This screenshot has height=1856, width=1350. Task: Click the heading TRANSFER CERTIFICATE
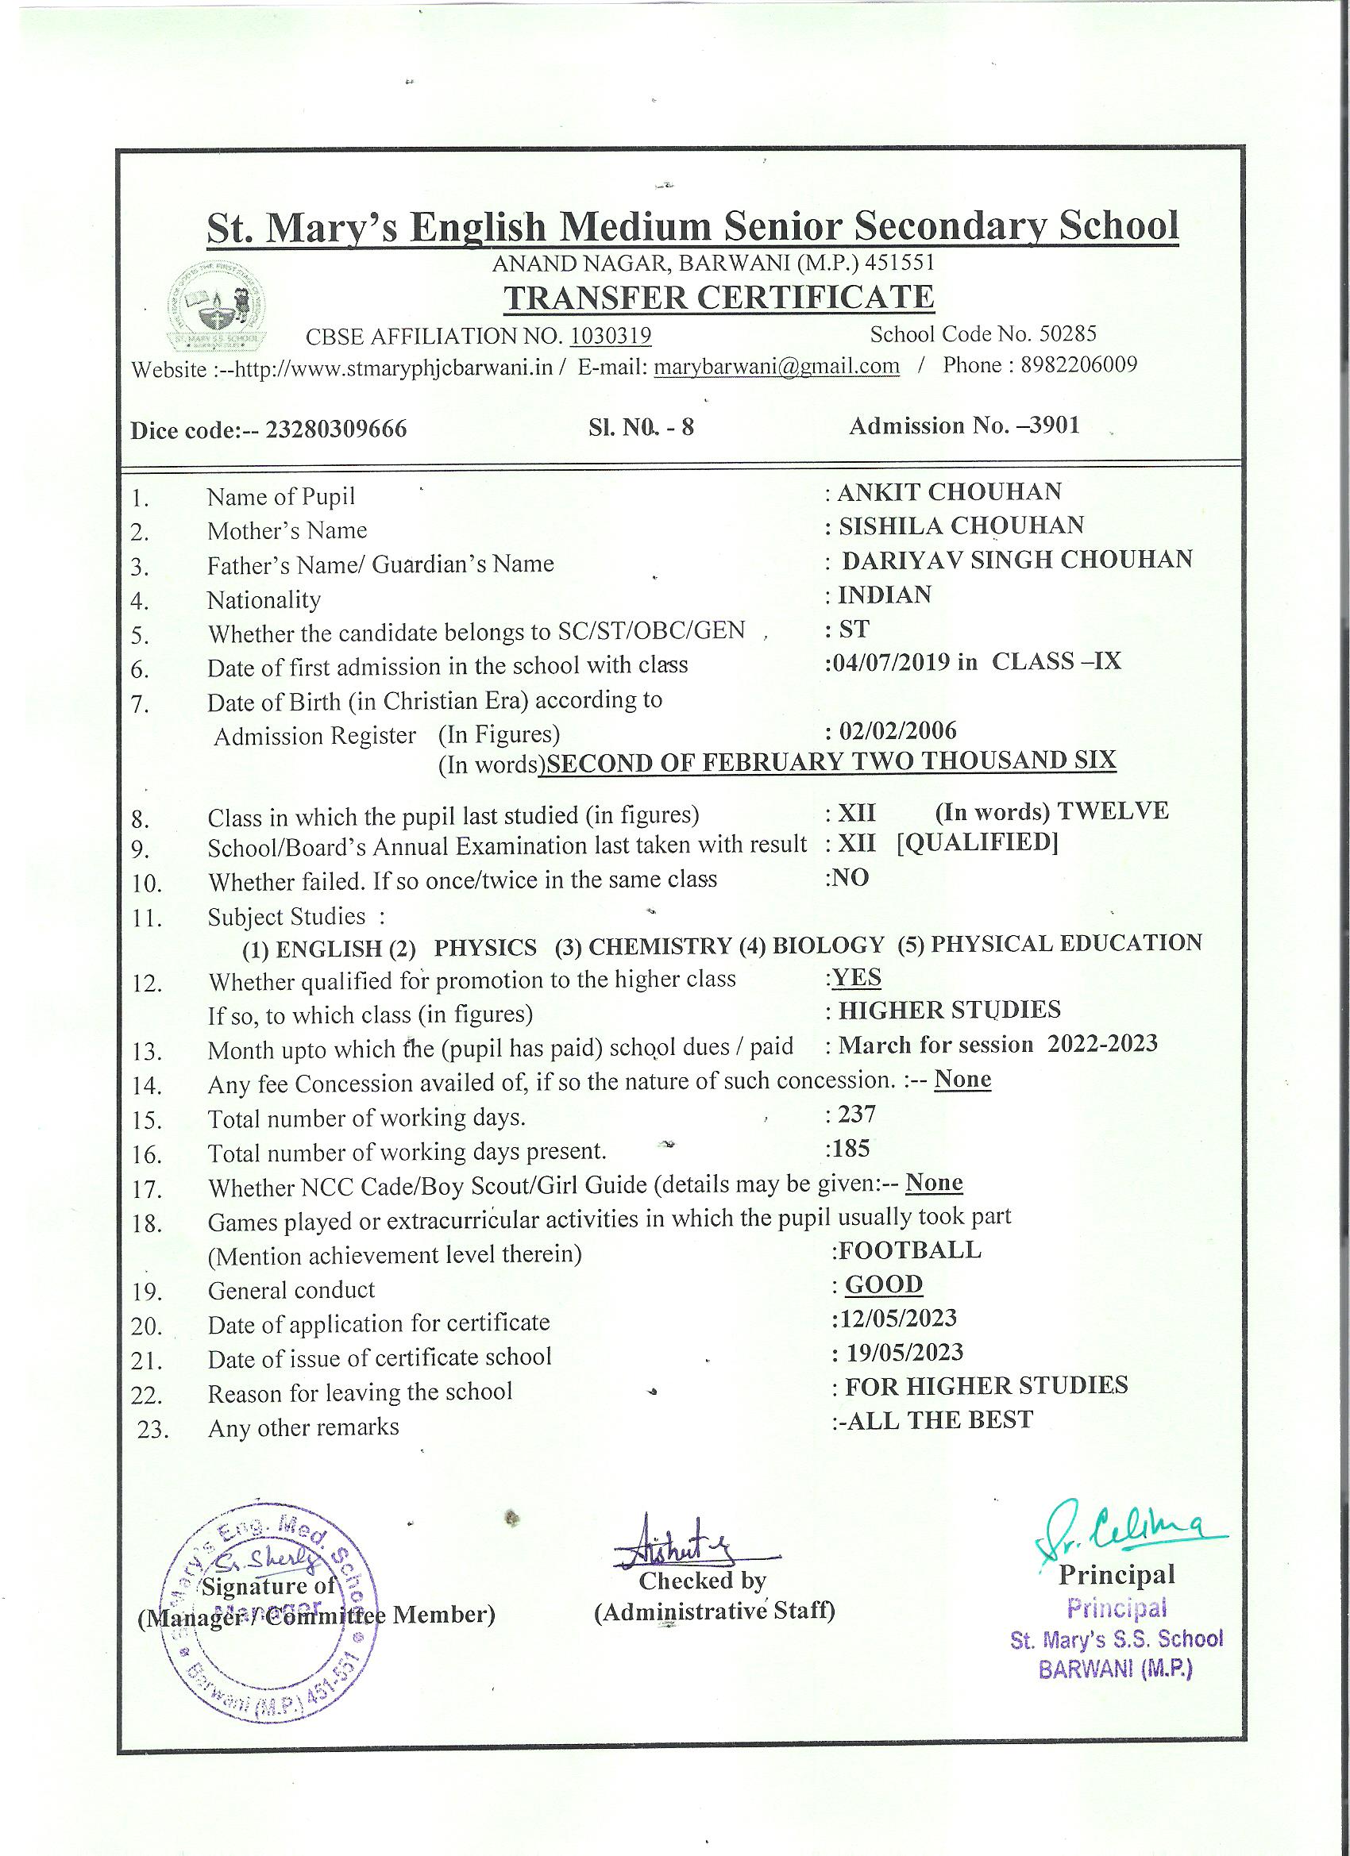(718, 298)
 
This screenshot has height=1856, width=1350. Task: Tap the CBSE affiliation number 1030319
(610, 337)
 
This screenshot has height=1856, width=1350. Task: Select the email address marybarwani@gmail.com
(776, 367)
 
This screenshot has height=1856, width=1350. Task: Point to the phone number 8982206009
(1078, 365)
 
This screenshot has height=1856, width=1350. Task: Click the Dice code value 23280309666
(336, 429)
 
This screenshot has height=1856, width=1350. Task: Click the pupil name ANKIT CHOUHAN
(949, 492)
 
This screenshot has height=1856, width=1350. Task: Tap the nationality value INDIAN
(884, 594)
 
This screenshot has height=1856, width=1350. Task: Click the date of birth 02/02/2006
(897, 730)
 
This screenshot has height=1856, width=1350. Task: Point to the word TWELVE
(1113, 811)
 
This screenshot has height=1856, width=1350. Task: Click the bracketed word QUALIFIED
(977, 842)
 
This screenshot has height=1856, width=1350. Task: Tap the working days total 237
(857, 1114)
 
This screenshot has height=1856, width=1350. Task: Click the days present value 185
(850, 1148)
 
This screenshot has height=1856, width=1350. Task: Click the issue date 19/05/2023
(904, 1352)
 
